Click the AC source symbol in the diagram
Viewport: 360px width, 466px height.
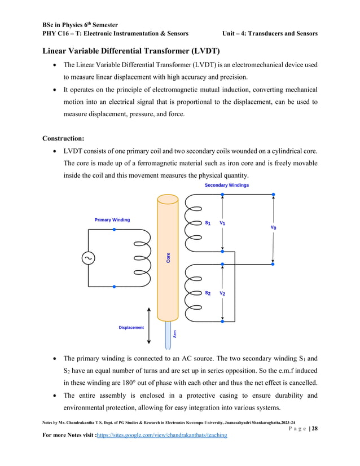point(89,258)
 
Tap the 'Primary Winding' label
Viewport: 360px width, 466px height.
point(112,219)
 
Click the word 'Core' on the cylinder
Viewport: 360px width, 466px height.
point(168,257)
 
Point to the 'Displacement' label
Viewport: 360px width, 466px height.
point(131,327)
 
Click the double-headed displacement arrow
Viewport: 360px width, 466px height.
point(149,326)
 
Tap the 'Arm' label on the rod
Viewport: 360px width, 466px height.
point(175,334)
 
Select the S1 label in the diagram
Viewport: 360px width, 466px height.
point(208,223)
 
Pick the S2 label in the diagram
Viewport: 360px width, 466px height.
point(208,293)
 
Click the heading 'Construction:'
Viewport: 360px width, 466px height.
point(66,138)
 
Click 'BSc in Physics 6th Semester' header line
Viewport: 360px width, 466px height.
point(79,25)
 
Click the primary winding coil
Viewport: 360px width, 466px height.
point(141,258)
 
